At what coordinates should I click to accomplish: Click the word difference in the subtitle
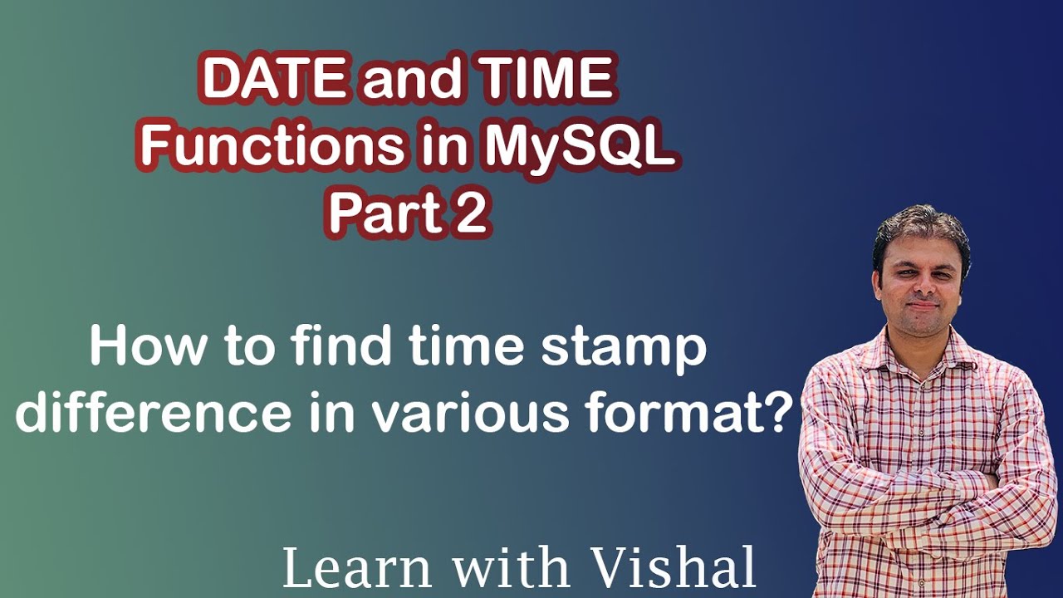pos(154,413)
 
